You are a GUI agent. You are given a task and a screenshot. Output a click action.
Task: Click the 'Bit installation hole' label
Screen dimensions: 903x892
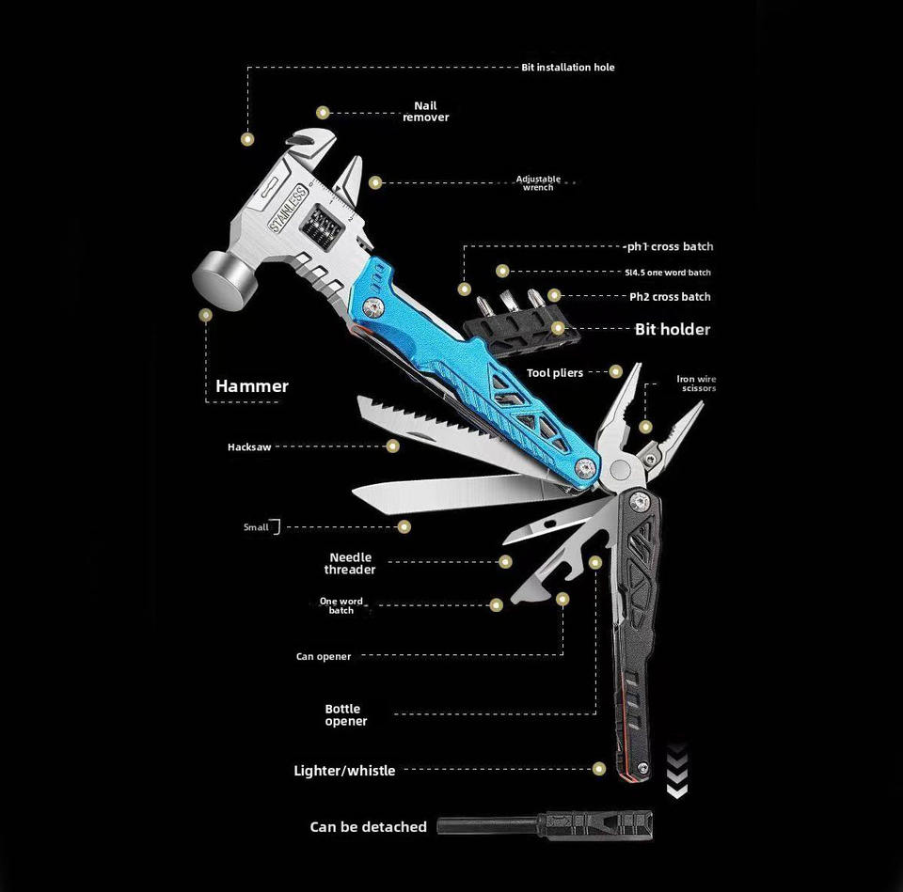tap(568, 68)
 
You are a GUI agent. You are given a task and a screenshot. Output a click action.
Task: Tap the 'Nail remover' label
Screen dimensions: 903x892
tap(425, 112)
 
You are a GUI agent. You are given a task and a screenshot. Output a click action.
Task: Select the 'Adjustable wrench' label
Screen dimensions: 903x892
tap(538, 183)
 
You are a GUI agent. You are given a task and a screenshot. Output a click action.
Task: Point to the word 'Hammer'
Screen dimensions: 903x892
tap(252, 386)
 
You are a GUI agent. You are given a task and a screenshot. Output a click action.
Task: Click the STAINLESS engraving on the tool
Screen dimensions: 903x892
tap(288, 209)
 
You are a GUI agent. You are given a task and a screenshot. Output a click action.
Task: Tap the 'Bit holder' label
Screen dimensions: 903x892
tap(673, 329)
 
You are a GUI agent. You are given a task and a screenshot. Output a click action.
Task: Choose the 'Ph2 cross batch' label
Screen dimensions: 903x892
tap(670, 297)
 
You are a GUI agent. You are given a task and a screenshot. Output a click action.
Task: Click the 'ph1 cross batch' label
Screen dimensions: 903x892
tap(670, 247)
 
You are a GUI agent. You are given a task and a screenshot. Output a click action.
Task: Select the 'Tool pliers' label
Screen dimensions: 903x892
tap(555, 373)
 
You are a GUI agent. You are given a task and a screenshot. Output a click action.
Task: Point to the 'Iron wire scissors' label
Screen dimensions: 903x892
tap(696, 383)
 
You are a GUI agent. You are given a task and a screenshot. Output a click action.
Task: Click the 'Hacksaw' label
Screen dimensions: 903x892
tap(249, 447)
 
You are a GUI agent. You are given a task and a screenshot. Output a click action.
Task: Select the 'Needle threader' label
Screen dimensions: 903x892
tap(350, 564)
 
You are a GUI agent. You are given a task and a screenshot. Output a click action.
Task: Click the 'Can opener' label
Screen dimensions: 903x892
tap(324, 657)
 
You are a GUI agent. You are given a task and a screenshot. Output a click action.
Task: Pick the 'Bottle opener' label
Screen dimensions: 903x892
tap(345, 715)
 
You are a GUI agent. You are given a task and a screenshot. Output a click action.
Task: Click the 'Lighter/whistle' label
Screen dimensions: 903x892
tap(344, 771)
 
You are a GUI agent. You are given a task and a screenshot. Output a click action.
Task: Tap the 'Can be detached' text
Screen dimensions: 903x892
tap(368, 827)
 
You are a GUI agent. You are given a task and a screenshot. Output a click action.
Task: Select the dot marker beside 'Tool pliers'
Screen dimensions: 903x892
tap(616, 372)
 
